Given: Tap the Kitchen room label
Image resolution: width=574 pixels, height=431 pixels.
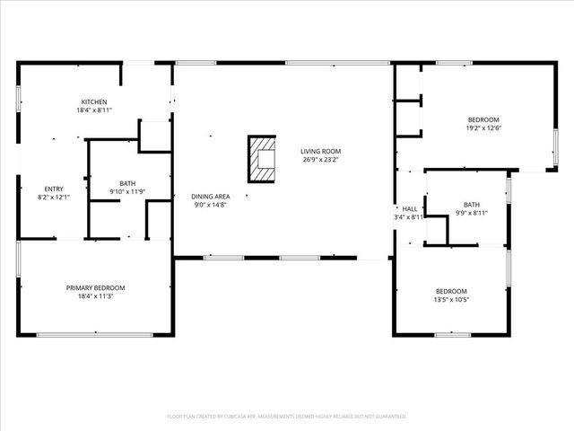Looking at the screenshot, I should tap(94, 101).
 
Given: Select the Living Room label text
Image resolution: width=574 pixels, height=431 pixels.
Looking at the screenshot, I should tap(320, 151).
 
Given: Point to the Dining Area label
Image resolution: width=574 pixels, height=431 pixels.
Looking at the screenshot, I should tap(211, 196).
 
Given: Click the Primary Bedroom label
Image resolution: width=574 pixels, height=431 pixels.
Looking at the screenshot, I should tap(95, 287).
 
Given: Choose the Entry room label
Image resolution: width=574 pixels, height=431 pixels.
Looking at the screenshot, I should tap(48, 188).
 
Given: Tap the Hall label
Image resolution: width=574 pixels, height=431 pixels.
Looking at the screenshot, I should tap(409, 208).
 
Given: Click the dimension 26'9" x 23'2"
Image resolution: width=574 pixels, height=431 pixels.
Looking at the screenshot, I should tap(320, 160).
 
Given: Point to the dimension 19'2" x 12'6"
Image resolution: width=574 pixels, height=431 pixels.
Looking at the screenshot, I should tap(483, 128).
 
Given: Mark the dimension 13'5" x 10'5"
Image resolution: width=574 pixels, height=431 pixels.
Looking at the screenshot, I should tap(451, 299).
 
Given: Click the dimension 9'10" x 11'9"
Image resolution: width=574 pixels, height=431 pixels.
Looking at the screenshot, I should tap(127, 191).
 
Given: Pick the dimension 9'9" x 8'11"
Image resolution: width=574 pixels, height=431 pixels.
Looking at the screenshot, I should tap(471, 213).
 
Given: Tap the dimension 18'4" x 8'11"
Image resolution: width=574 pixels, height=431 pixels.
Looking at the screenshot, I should tap(94, 110).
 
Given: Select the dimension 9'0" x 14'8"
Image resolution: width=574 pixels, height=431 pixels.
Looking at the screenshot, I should tap(211, 205).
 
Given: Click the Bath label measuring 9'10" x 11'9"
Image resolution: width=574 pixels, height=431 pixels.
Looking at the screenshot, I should tap(127, 183).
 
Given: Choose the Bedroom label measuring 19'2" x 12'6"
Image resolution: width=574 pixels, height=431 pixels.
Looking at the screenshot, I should tap(483, 119).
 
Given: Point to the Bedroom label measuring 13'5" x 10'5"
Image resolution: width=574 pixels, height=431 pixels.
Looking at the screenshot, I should tap(451, 290).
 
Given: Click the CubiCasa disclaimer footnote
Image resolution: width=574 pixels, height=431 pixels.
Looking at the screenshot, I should tap(287, 417).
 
